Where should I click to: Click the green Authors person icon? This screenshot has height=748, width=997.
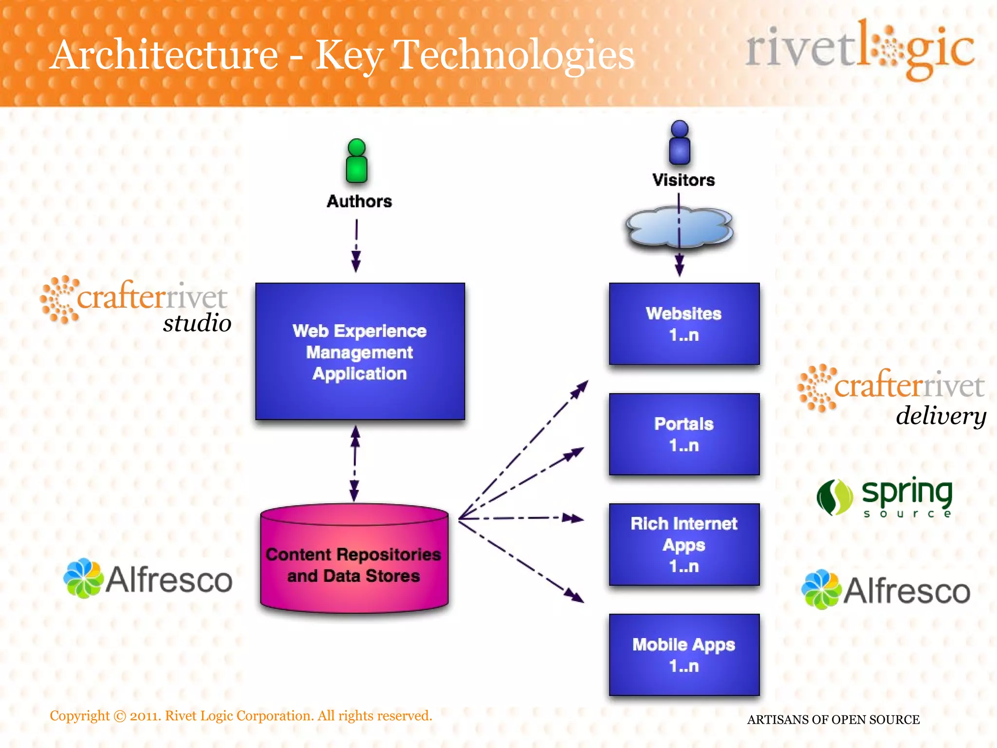[x=357, y=161]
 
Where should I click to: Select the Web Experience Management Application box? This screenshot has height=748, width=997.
[x=360, y=351]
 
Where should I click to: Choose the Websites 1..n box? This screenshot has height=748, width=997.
[x=684, y=324]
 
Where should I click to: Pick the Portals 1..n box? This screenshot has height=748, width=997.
[x=684, y=434]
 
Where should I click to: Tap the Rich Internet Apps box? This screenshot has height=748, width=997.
[x=684, y=544]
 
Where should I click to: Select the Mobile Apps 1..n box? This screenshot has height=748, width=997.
[x=684, y=654]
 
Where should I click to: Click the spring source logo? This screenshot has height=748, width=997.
[x=884, y=497]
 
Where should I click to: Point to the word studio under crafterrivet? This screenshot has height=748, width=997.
[x=197, y=323]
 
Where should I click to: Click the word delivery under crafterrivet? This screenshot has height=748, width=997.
[x=941, y=416]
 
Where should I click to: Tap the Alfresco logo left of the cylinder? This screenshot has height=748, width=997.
[x=148, y=579]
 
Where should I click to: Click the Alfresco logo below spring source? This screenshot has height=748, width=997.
[x=886, y=590]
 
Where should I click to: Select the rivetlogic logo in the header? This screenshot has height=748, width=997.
[x=860, y=49]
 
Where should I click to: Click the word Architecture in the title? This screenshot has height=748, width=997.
[x=165, y=55]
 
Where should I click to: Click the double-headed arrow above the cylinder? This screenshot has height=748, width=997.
[x=355, y=463]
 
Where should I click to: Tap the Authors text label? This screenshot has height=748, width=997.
[x=359, y=201]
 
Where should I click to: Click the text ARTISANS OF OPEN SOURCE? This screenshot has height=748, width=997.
[x=833, y=719]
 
